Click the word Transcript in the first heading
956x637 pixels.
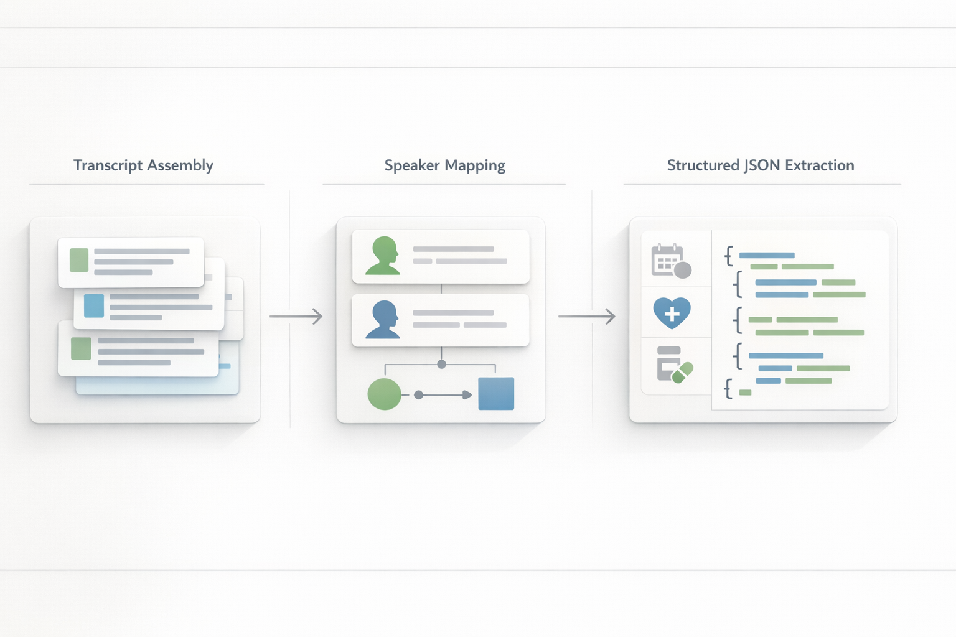pos(108,165)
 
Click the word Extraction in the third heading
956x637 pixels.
pos(819,165)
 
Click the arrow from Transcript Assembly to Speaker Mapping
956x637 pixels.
pos(296,316)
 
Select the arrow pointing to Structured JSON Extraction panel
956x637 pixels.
pos(586,316)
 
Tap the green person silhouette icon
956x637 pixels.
pos(383,256)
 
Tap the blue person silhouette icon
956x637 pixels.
pos(383,320)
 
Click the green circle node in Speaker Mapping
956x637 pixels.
pos(384,394)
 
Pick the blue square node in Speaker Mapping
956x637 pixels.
pos(496,394)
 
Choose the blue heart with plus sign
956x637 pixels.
pos(672,312)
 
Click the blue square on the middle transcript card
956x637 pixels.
pos(94,306)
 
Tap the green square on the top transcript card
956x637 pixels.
pos(79,260)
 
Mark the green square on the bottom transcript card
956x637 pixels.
pos(81,349)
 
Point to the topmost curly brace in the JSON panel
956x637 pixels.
pos(728,256)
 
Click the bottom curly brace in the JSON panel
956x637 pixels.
pos(728,390)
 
